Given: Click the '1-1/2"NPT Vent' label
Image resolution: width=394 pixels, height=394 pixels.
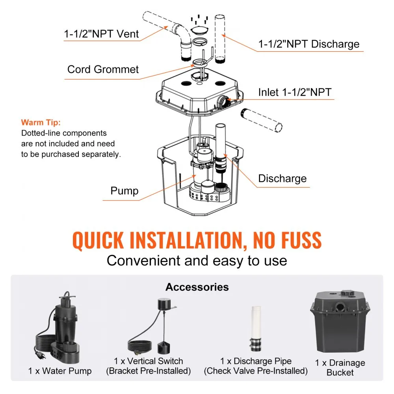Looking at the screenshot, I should point(101,34).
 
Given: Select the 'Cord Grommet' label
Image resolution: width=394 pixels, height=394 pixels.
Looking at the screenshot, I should point(103,70).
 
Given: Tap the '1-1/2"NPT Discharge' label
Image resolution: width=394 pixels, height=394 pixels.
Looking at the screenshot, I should point(309,44).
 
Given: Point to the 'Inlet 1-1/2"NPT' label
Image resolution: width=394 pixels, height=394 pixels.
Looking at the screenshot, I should point(295,92).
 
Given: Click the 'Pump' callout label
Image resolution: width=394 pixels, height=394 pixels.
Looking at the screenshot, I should point(125,191).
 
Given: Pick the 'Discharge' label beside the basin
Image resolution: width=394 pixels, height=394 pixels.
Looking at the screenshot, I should point(282,178).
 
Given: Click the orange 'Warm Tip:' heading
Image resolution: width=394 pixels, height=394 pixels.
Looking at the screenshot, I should point(41,123).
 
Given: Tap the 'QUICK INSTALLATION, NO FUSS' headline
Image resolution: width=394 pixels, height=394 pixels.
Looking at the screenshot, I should point(197,241).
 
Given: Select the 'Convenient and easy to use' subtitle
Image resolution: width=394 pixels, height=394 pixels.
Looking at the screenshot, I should point(197,260).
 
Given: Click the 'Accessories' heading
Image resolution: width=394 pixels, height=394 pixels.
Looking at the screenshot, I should point(197,287).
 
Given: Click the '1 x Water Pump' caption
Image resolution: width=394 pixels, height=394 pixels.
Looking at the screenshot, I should point(60,371).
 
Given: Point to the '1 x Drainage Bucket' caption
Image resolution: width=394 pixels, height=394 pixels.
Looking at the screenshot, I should point(340,368).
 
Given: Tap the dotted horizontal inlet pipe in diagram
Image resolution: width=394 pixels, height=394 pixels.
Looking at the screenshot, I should point(261,121).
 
